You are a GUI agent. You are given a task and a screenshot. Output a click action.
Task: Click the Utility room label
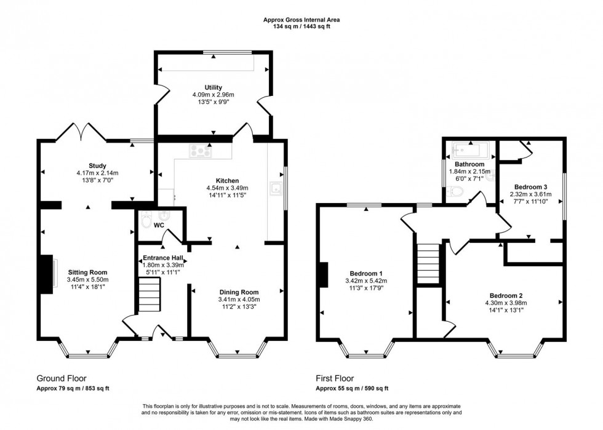213,88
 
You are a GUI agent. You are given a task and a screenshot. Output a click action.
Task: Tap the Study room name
97,166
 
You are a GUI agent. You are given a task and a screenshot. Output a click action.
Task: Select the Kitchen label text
227,181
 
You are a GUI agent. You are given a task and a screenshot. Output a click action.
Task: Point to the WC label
159,225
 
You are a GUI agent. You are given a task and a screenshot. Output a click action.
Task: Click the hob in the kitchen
201,150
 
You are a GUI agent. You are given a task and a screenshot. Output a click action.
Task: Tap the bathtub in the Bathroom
471,150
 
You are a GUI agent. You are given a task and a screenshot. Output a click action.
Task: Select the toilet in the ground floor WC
146,220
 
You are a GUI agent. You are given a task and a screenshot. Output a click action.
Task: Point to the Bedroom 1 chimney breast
324,274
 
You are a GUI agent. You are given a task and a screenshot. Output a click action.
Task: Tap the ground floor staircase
149,295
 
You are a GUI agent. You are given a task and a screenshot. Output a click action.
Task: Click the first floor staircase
428,264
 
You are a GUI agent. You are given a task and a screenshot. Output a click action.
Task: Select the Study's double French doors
81,132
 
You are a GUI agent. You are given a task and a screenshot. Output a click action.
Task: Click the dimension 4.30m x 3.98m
506,303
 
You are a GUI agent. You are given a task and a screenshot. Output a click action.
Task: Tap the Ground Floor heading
62,378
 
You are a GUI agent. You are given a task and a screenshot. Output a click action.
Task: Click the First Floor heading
335,378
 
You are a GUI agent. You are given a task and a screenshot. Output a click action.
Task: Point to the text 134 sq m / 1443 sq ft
301,26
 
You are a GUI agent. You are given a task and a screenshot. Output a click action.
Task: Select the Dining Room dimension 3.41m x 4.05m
239,299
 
